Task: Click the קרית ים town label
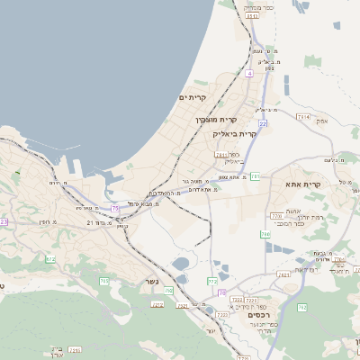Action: [193, 97]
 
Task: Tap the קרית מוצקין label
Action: [216, 119]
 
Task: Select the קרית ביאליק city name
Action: [235, 134]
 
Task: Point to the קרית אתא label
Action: [303, 184]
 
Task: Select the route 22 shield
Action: [263, 123]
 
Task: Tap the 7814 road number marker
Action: [302, 117]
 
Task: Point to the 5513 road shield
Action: [252, 16]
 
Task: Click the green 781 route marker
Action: [256, 176]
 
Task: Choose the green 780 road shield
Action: [265, 234]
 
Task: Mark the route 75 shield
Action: [115, 209]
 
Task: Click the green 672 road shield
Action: [51, 259]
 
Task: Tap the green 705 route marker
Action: [103, 281]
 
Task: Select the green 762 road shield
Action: [301, 308]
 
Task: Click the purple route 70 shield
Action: [221, 318]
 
